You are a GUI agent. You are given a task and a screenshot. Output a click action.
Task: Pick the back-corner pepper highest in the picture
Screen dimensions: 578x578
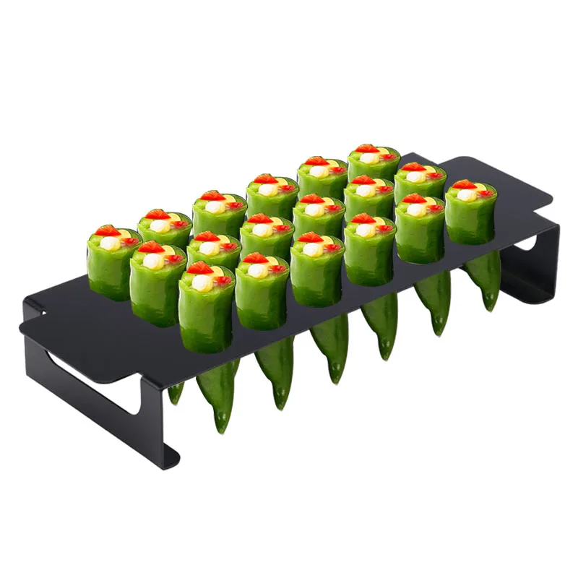click(x=374, y=170)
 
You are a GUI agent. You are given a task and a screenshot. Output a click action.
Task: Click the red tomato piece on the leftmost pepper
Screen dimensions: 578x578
click(x=108, y=231)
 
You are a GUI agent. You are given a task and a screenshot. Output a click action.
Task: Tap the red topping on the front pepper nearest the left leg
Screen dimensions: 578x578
click(x=200, y=269)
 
